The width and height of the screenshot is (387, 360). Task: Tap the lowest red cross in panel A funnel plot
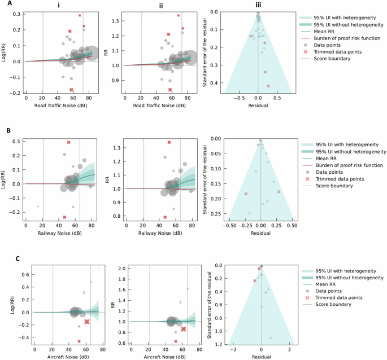(268, 86)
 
